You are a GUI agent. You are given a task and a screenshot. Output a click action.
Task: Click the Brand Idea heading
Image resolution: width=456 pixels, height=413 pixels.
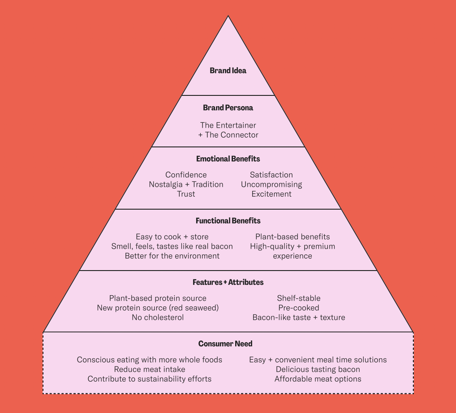pos(228,71)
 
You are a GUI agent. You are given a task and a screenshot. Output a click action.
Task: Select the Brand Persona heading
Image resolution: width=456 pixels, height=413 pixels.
pos(228,108)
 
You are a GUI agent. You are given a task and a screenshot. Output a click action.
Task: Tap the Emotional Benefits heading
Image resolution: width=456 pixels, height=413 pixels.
pos(228,159)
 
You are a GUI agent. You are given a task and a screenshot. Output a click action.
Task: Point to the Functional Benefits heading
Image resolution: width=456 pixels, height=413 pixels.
pos(228,221)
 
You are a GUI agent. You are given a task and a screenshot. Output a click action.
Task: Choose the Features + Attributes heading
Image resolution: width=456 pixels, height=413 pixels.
pos(228,283)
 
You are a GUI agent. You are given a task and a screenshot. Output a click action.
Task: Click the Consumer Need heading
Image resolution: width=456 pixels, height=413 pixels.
pos(225,344)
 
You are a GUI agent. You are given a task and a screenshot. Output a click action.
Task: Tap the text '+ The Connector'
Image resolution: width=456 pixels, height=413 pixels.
pos(228,135)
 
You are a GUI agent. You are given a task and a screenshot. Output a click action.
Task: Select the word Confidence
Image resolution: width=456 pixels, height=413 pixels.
pos(186,175)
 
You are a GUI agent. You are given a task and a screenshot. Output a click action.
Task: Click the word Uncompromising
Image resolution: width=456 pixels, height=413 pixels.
pos(271,185)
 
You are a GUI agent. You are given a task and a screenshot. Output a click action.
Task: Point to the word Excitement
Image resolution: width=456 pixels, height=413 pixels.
pos(271,194)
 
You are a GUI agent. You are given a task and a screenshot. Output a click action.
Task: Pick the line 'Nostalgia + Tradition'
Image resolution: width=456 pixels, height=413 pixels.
pos(186,185)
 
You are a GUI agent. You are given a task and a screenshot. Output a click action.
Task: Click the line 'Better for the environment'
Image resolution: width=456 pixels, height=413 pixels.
pos(172,256)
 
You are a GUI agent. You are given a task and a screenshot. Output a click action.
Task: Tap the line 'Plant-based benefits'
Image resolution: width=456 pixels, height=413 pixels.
pos(293,237)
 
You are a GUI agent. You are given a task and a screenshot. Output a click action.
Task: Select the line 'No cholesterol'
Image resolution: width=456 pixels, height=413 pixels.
pos(158,318)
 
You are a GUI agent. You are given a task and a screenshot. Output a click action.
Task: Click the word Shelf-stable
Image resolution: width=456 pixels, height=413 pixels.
pos(299,298)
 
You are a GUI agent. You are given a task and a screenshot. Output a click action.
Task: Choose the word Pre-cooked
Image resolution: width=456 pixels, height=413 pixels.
pos(299,308)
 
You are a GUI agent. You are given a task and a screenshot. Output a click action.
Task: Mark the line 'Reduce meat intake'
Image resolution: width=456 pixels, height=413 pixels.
pos(150,370)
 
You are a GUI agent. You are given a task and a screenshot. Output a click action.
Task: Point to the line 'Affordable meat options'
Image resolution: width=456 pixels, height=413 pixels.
pos(318,379)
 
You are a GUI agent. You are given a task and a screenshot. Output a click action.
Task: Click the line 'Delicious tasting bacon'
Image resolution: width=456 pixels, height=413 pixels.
pos(318,370)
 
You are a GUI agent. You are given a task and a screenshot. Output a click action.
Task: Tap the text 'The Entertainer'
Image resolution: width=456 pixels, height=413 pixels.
pos(228,125)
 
